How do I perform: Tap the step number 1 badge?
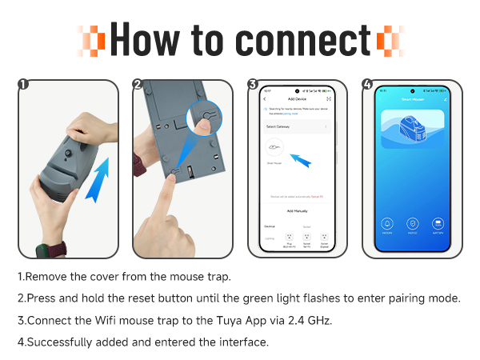point(23,84)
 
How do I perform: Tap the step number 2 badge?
point(138,84)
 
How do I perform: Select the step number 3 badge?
point(252,84)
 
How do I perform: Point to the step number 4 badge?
point(367,84)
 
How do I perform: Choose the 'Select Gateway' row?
point(297,126)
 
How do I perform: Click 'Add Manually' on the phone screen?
point(297,210)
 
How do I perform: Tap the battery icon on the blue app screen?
point(438,223)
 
